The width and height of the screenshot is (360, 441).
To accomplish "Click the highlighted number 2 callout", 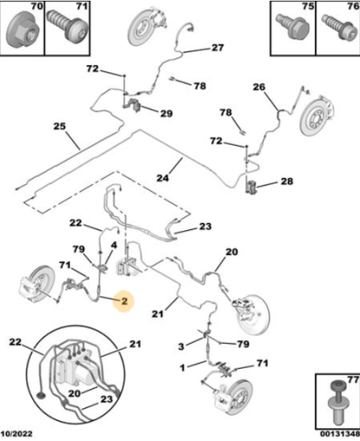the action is (124, 301).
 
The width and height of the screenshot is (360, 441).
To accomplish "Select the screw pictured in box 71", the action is (67, 26).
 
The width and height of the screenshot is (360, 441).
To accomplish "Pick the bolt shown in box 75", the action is (293, 26).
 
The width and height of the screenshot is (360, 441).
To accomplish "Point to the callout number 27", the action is (218, 47).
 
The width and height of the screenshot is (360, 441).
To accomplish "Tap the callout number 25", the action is (59, 126).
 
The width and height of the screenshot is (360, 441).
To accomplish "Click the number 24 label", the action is (163, 178).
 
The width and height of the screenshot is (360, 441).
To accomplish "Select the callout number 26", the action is (259, 87).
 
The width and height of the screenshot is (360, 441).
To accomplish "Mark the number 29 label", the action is (167, 113).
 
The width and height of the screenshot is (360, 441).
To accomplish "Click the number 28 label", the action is (287, 181).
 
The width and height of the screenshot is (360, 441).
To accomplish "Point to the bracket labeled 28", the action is (251, 187).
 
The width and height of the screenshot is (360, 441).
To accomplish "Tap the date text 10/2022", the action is (17, 434).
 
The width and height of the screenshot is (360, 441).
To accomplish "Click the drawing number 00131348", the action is (340, 434).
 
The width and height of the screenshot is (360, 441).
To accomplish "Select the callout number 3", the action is (181, 346).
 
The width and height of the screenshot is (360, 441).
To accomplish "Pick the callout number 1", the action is (183, 367).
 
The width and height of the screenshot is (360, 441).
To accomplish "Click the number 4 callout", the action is (114, 245).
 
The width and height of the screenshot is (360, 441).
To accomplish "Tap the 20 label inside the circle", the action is (75, 393).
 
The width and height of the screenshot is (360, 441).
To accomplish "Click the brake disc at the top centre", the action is (140, 28).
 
